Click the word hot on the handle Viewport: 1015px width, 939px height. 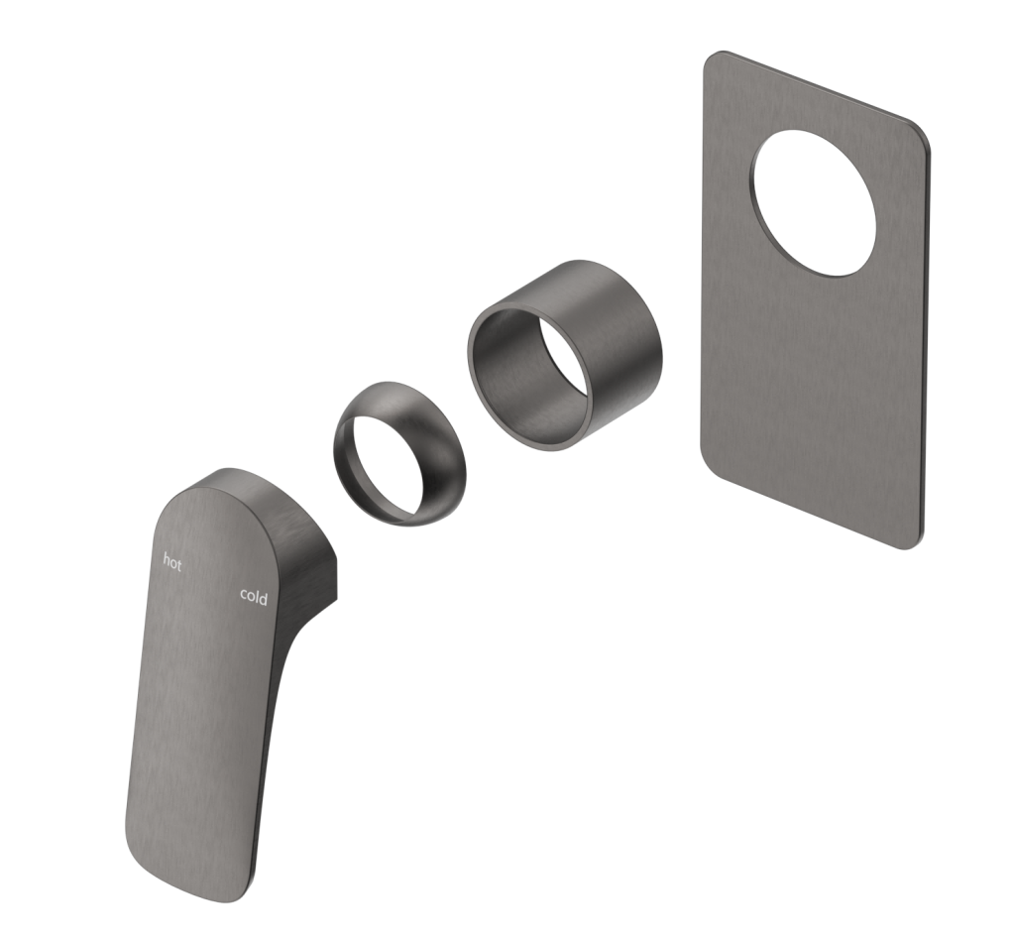[x=172, y=562]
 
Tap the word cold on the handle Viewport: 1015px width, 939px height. [x=254, y=596]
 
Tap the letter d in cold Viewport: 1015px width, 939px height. [x=264, y=596]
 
